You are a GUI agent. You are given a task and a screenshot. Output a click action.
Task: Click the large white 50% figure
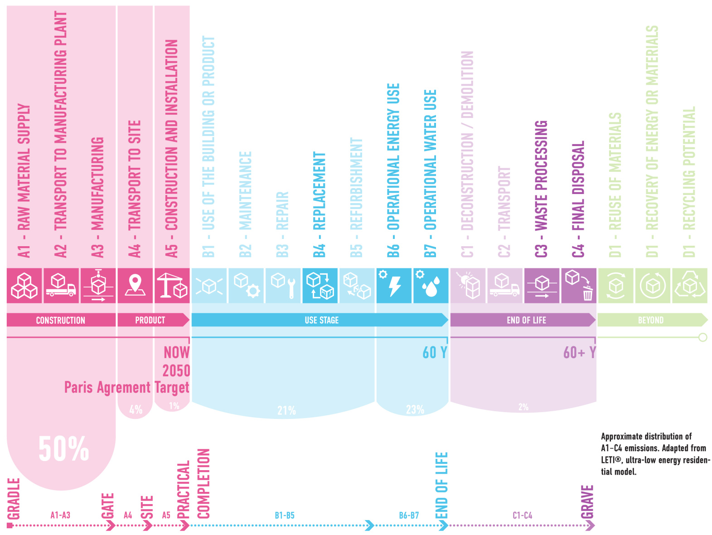tap(63, 449)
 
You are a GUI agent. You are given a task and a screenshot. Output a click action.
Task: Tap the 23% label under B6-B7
tap(415, 410)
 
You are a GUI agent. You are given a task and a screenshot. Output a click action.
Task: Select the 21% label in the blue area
tap(286, 411)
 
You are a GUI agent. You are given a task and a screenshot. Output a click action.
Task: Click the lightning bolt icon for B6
tap(394, 286)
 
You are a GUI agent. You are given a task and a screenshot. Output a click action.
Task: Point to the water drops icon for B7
tap(431, 286)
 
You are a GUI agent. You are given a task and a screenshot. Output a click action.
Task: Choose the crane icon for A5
tap(172, 286)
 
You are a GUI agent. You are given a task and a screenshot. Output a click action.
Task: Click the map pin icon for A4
tap(135, 285)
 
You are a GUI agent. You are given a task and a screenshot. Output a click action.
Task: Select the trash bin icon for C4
tap(587, 293)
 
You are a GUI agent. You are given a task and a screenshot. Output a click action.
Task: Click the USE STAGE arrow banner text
tap(321, 320)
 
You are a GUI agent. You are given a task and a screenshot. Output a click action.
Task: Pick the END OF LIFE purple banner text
tap(526, 320)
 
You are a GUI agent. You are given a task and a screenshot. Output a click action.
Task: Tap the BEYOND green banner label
tap(650, 320)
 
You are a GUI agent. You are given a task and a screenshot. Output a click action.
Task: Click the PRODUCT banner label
tap(150, 320)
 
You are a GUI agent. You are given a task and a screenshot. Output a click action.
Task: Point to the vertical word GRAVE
tap(587, 501)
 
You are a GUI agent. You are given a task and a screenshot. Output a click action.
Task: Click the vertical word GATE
tap(107, 506)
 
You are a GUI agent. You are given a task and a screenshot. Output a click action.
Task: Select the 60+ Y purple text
tap(579, 353)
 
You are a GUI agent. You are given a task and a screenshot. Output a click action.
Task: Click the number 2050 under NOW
tap(176, 370)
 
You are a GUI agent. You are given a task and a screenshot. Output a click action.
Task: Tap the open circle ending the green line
tap(702, 337)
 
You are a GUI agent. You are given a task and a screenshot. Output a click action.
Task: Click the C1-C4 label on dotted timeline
tap(522, 516)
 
